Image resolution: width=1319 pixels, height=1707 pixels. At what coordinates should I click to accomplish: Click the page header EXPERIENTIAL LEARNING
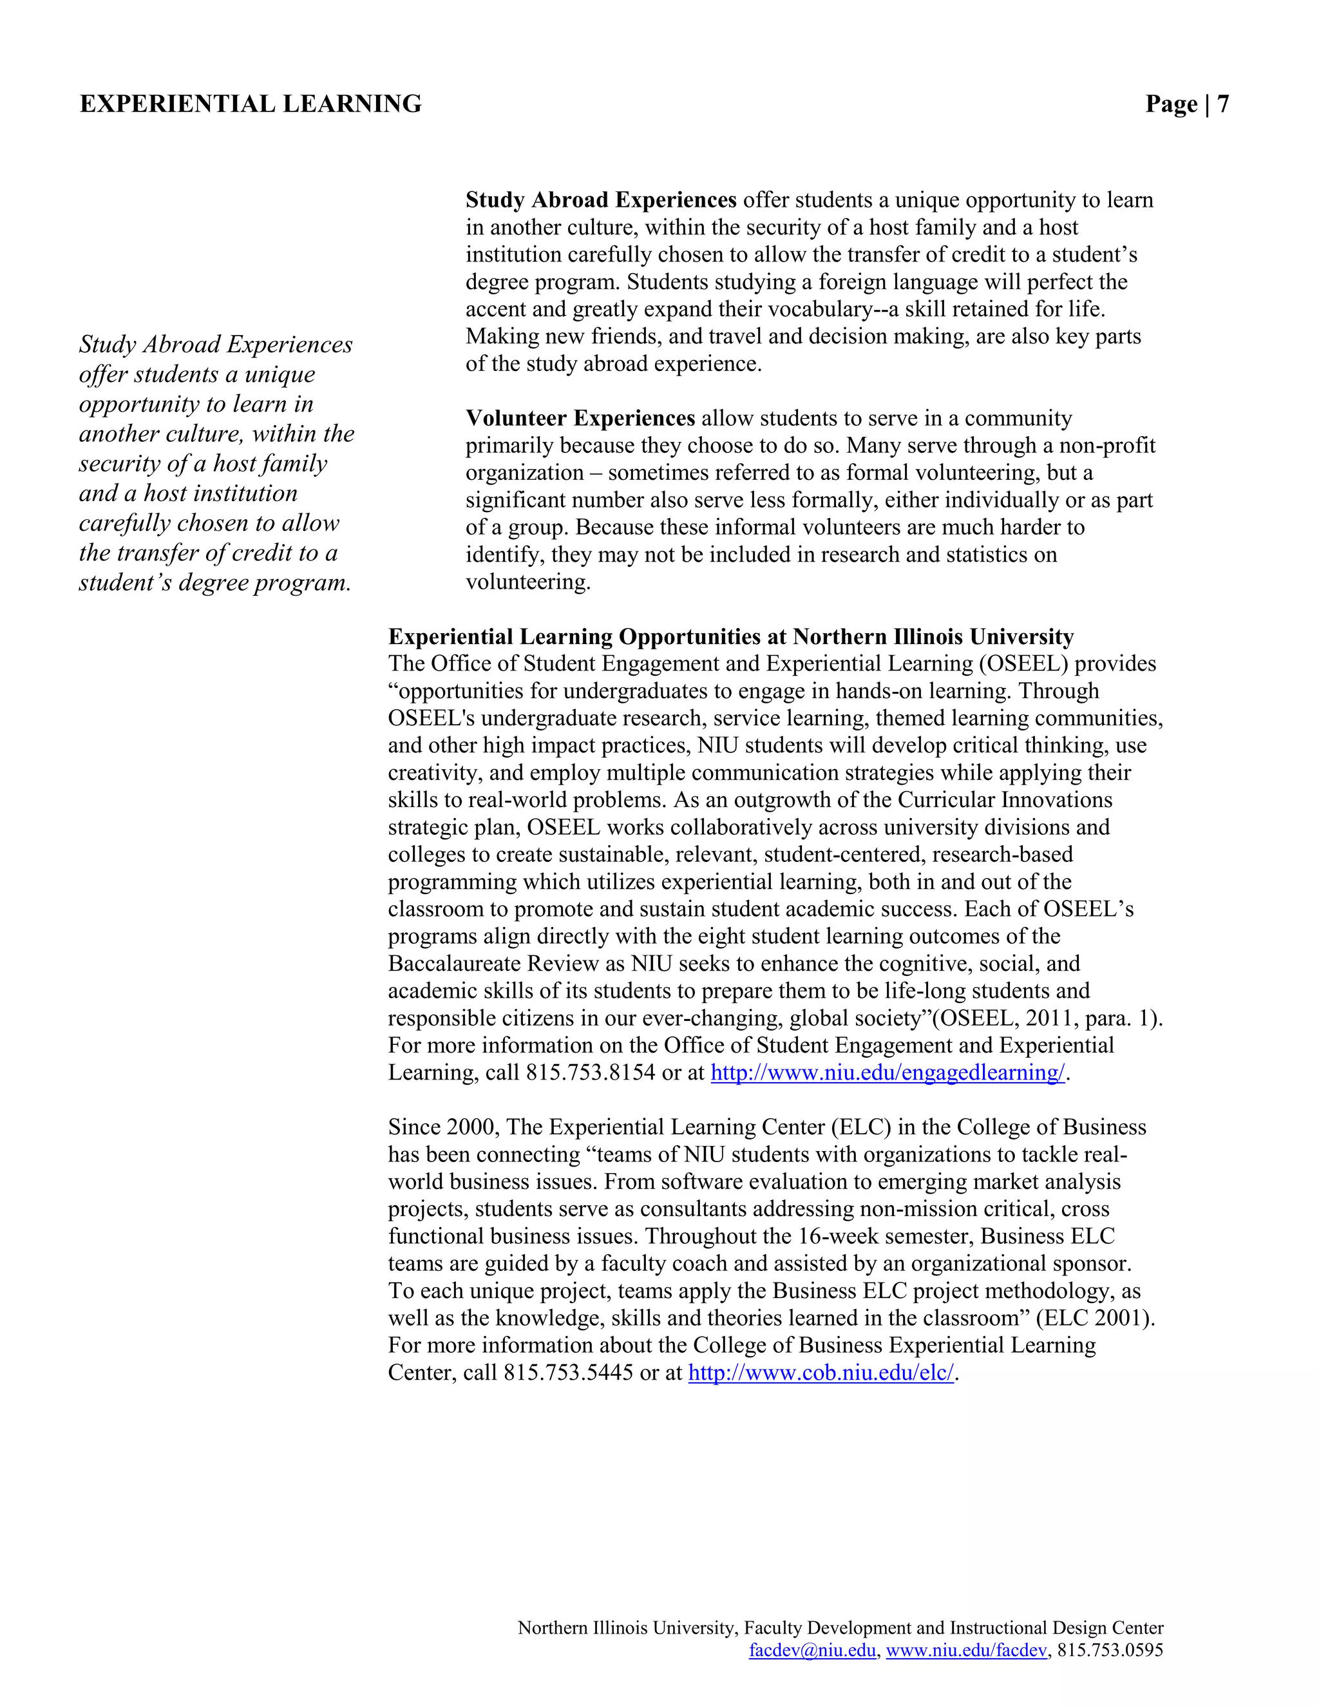click(x=250, y=104)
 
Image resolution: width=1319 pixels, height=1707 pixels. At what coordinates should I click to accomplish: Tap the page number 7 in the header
click(x=1222, y=104)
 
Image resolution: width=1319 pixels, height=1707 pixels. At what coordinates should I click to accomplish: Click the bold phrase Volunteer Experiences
click(x=580, y=418)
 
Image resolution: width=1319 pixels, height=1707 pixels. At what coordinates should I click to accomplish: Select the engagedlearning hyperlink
click(x=887, y=1073)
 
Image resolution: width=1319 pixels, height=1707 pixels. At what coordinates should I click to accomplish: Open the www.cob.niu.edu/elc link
click(x=821, y=1373)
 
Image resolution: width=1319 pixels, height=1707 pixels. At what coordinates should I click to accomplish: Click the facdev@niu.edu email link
click(x=812, y=1650)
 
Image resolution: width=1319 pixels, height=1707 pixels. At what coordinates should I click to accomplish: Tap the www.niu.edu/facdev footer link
click(x=966, y=1650)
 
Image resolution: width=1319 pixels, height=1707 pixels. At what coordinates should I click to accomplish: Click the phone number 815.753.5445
click(x=568, y=1373)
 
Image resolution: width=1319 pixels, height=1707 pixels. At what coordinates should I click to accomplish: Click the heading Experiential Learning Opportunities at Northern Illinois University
click(x=730, y=637)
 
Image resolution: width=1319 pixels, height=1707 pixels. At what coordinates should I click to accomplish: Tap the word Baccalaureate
click(x=455, y=964)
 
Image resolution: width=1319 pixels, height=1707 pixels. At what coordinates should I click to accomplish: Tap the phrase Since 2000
click(x=443, y=1128)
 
